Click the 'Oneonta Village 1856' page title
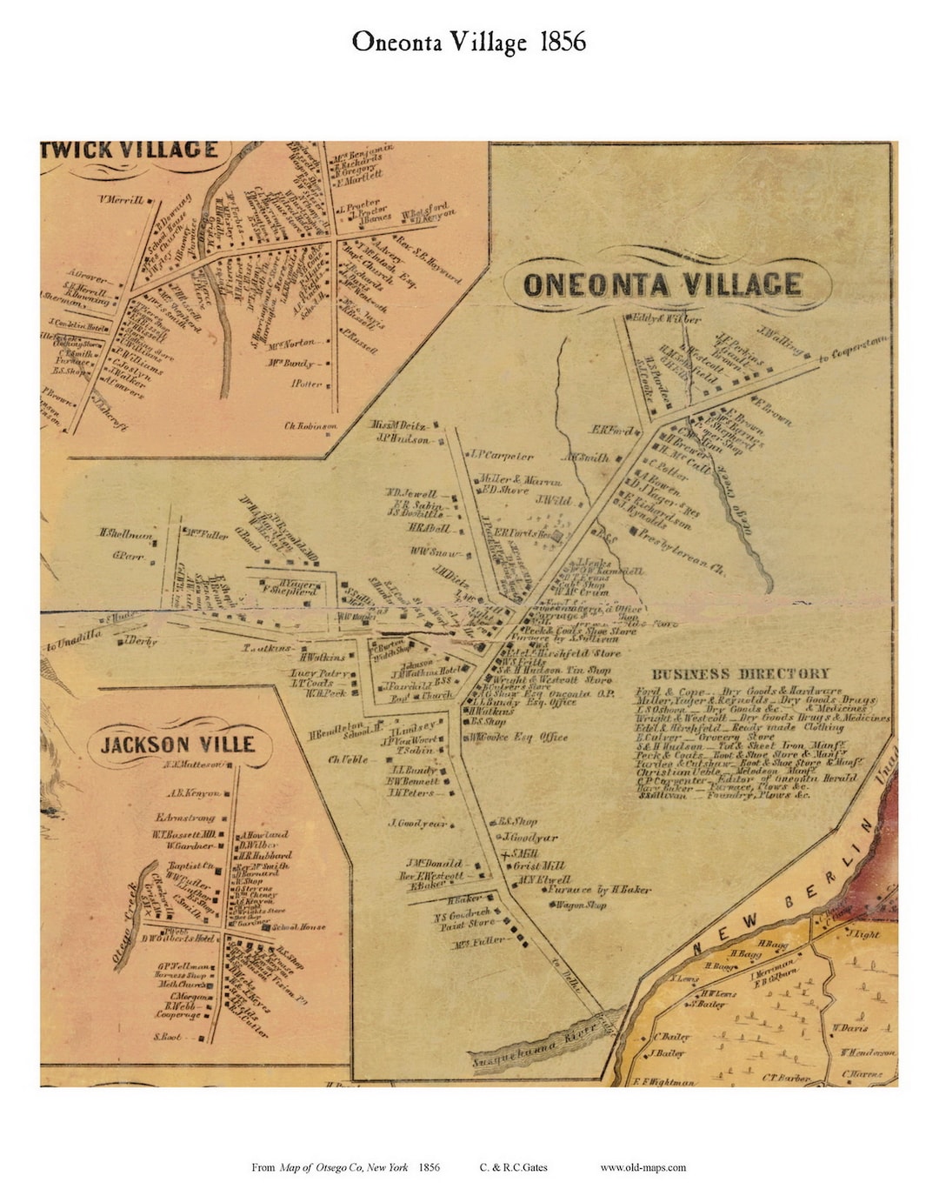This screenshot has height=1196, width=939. click(x=469, y=42)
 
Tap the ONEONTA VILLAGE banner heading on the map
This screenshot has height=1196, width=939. click(x=663, y=285)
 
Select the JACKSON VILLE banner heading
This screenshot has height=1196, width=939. click(x=177, y=745)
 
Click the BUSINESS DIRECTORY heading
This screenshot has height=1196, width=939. click(x=741, y=674)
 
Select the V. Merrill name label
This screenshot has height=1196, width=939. click(x=121, y=200)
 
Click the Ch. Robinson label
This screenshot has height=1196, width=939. click(x=310, y=426)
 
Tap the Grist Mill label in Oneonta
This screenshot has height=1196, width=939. click(x=539, y=865)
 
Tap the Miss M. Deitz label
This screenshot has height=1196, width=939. click(x=399, y=425)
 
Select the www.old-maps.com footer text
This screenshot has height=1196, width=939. click(x=643, y=1167)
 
